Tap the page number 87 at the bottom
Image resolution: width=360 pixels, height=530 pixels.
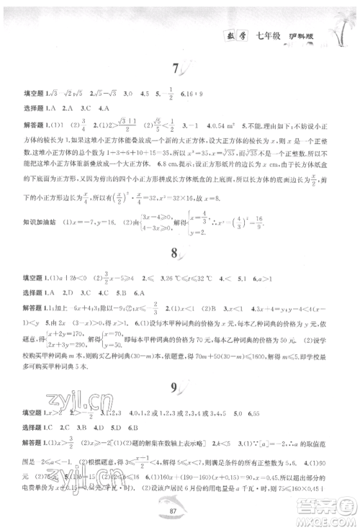[x=179, y=513]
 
